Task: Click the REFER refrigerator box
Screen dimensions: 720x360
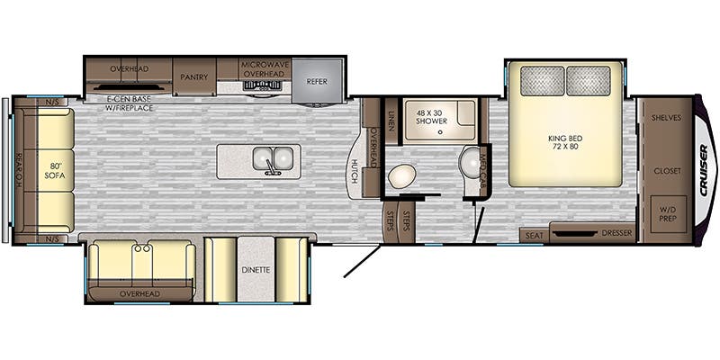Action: (x=318, y=81)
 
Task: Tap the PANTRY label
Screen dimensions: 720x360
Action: (x=194, y=77)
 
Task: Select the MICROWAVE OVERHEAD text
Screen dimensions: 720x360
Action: (x=265, y=69)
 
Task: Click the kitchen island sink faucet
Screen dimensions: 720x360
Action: (x=272, y=170)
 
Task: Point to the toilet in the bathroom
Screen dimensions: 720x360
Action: (x=401, y=175)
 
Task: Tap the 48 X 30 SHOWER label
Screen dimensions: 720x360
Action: (x=431, y=117)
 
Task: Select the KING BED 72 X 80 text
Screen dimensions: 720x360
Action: (x=564, y=142)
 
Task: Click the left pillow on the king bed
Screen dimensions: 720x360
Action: (x=543, y=81)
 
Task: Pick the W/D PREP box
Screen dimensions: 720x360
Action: (x=669, y=213)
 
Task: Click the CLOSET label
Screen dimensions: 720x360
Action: (x=667, y=171)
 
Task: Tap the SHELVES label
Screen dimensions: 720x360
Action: (x=666, y=118)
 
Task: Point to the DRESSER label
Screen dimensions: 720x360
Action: (x=616, y=233)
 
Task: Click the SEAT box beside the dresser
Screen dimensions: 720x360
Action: (x=534, y=235)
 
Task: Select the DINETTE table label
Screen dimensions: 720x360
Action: (x=256, y=270)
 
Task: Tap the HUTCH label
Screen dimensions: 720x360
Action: (x=355, y=171)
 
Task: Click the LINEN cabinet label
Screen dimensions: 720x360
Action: (x=391, y=121)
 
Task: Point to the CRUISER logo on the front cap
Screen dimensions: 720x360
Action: (x=705, y=170)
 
